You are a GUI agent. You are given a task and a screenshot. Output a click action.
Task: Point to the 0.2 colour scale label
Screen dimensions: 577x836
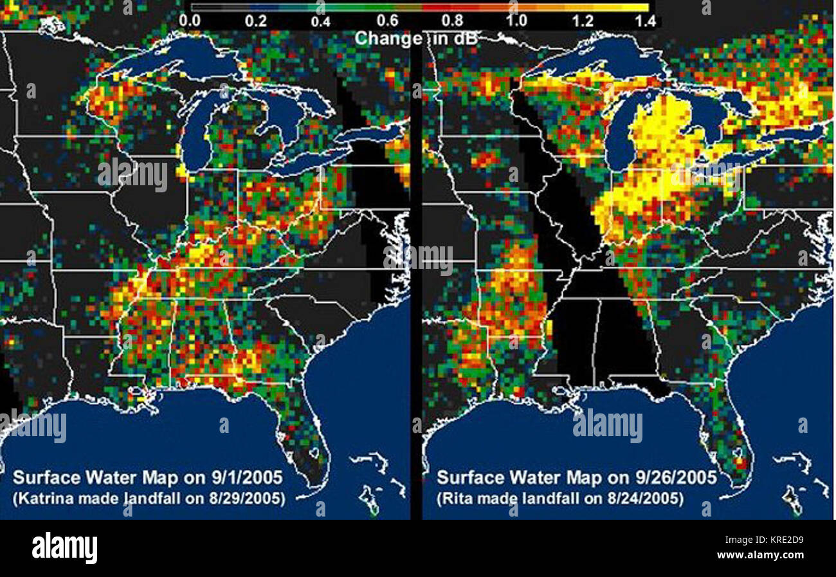click(x=255, y=20)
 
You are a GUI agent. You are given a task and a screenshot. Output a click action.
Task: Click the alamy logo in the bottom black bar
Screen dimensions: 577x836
click(x=64, y=548)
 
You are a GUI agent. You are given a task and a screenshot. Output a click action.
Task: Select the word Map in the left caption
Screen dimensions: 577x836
click(x=158, y=478)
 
